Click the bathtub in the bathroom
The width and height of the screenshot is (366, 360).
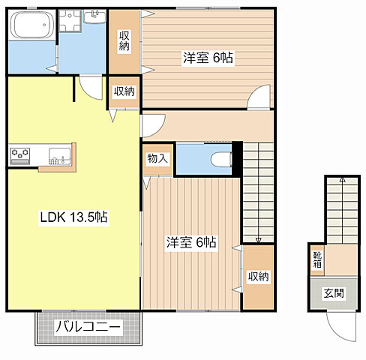pyautogui.click(x=31, y=25)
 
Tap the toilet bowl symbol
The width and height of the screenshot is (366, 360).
pyautogui.click(x=221, y=160)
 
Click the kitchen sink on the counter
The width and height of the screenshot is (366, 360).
pyautogui.click(x=60, y=156)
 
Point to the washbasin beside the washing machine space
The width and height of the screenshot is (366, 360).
pyautogui.click(x=94, y=16)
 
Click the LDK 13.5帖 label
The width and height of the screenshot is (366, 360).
pyautogui.click(x=74, y=217)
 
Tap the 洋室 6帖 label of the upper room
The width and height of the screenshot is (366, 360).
pyautogui.click(x=208, y=58)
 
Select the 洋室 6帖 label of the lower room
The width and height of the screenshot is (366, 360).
pyautogui.click(x=191, y=242)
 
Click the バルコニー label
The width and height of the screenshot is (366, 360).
pyautogui.click(x=88, y=327)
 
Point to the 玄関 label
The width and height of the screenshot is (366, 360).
pyautogui.click(x=334, y=293)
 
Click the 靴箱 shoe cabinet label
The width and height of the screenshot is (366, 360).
pyautogui.click(x=317, y=259)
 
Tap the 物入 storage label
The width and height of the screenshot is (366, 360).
pyautogui.click(x=157, y=158)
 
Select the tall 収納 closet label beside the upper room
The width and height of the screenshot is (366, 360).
pyautogui.click(x=124, y=40)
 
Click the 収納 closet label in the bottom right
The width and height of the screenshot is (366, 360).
pyautogui.click(x=258, y=277)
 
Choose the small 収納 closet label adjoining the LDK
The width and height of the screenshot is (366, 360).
pyautogui.click(x=124, y=91)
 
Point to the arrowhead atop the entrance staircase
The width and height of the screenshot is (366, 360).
pyautogui.click(x=342, y=179)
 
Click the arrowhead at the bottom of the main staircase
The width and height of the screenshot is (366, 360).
pyautogui.click(x=258, y=240)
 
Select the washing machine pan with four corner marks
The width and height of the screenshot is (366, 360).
pyautogui.click(x=70, y=20)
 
